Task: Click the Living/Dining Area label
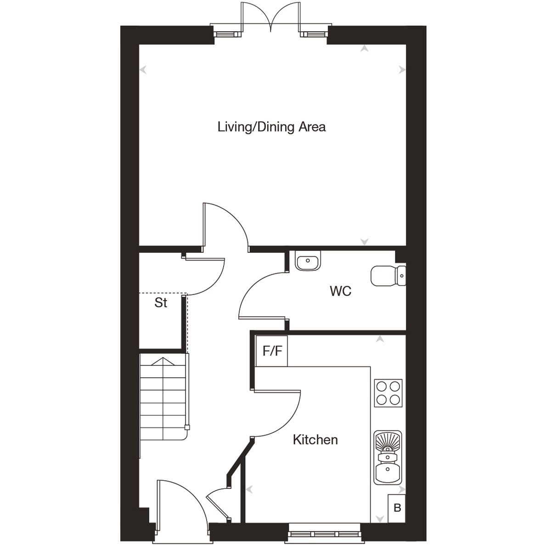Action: pos(271,127)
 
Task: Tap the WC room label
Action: pos(340,291)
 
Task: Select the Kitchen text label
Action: pos(315,440)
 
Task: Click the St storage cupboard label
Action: pos(161,303)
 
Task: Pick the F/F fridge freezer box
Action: pos(272,352)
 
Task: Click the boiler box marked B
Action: pos(397,508)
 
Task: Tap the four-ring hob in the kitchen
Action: pos(388,393)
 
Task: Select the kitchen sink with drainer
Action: pos(388,457)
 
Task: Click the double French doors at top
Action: pos(271,18)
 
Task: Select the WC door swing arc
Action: pos(259,294)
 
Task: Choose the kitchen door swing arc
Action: pos(280,414)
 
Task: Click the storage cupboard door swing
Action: pos(207,276)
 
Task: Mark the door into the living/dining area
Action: pos(225,225)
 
